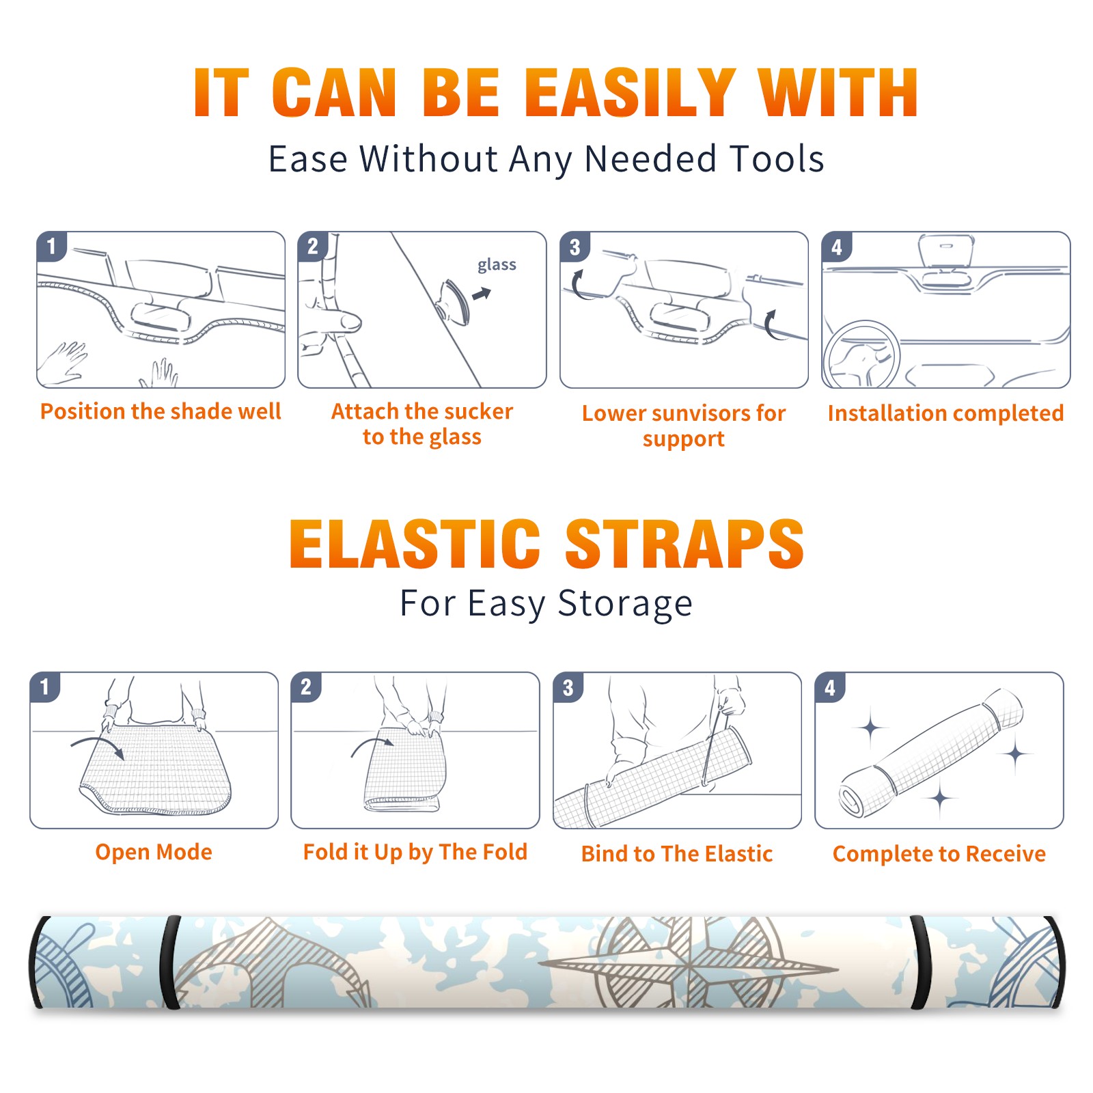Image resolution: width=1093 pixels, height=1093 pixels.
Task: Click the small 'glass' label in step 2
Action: (x=497, y=264)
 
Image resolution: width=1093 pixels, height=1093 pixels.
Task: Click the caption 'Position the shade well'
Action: (x=161, y=411)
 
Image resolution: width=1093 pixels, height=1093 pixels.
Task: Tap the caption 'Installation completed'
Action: (x=945, y=413)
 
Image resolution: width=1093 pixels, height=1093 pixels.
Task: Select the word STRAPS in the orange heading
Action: (x=684, y=544)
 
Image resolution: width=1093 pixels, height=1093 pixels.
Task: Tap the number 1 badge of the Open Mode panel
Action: (x=45, y=687)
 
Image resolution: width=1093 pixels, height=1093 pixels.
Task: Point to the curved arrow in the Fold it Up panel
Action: (x=372, y=745)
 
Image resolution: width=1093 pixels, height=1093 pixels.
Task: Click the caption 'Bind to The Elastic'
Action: (x=676, y=853)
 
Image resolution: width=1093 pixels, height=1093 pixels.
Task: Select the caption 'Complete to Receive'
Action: (x=939, y=853)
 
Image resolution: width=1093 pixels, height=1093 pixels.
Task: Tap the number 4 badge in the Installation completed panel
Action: (x=837, y=247)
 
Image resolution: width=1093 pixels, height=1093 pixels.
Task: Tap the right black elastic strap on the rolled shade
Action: (x=920, y=962)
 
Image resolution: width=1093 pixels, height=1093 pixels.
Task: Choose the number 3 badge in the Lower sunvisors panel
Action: (x=575, y=247)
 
